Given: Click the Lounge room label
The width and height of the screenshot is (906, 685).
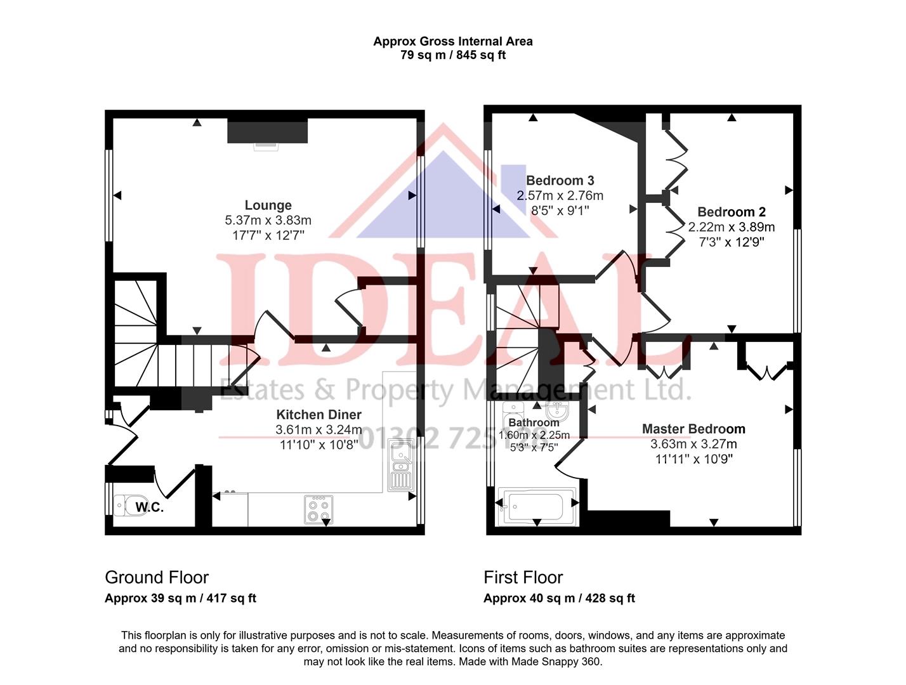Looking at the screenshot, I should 268,205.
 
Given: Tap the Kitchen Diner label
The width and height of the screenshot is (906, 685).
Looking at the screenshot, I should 318,414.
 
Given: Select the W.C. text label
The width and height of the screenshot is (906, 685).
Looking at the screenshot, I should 150,507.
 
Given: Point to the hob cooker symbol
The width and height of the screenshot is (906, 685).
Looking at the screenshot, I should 318,509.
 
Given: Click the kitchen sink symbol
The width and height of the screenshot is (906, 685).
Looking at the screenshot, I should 400,467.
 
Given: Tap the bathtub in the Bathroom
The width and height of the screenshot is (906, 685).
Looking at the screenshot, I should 537,506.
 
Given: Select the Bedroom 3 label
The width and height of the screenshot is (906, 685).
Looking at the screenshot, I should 560,180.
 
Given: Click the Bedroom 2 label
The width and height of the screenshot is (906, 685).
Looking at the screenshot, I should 731,212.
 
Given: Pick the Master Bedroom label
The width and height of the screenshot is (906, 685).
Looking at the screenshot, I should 693,429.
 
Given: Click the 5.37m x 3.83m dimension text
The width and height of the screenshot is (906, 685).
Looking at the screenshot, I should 268,220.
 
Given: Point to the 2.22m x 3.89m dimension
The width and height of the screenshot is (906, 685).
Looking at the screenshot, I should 731,227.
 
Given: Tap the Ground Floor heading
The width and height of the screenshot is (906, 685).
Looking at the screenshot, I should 157,577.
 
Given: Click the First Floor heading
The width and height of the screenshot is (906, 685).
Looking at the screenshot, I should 523,577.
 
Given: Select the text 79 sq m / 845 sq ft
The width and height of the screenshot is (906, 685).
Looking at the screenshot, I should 452,55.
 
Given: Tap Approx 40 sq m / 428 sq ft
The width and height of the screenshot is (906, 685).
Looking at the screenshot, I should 558,598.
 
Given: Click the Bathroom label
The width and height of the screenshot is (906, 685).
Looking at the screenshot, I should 534,422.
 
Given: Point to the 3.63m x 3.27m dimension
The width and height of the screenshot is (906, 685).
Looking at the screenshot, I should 693,444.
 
